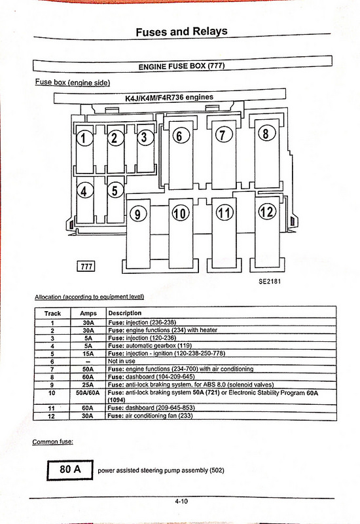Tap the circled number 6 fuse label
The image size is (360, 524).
point(181,136)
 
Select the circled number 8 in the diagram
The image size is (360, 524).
point(266,134)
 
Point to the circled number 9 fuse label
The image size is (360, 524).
point(138,214)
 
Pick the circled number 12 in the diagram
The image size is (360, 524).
point(268,211)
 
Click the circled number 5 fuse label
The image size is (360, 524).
point(115,191)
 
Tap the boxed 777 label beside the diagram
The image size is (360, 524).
point(86,266)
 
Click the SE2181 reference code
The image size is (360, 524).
point(270,282)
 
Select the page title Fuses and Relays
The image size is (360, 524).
point(182,31)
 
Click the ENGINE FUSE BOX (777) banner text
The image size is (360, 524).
point(182,66)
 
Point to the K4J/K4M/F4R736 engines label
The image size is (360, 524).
point(169,98)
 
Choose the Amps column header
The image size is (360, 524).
point(88,314)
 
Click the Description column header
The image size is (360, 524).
point(125,313)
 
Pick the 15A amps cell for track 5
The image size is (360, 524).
point(88,354)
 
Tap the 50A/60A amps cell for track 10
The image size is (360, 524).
point(88,392)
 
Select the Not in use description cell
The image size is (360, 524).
point(122,361)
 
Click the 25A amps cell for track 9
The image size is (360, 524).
point(88,384)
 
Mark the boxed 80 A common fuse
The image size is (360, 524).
point(70,470)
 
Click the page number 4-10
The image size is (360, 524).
point(181,501)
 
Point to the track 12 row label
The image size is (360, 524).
point(51,416)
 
